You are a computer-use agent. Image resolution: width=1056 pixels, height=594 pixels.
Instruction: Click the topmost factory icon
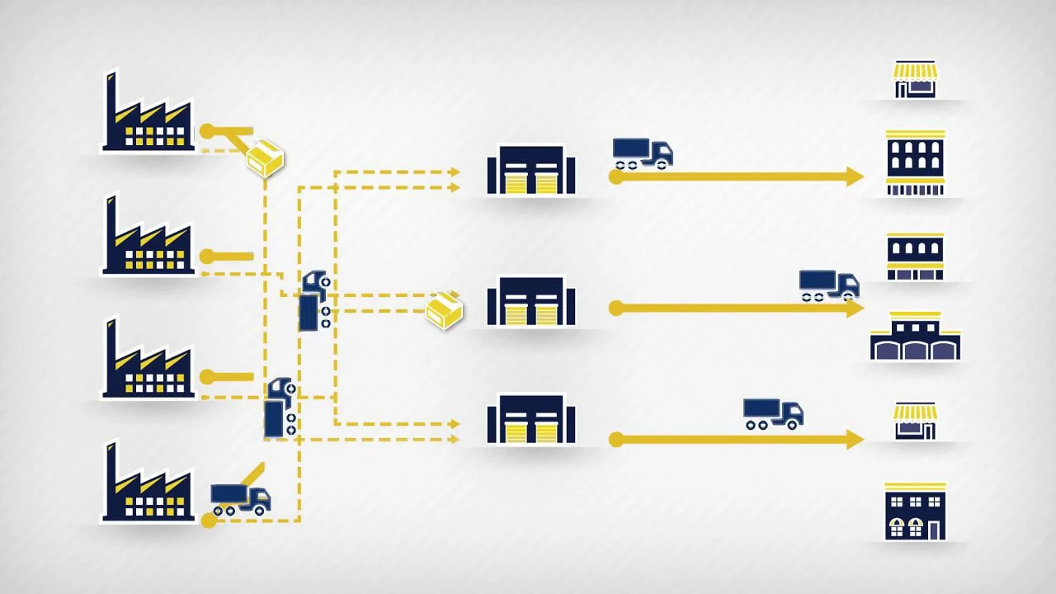[148, 120]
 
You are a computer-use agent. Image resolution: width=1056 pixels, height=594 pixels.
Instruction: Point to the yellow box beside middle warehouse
[444, 309]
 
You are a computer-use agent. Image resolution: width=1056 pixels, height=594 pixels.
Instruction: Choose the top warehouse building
[530, 171]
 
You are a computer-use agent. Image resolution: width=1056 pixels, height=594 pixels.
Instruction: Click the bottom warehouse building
[530, 420]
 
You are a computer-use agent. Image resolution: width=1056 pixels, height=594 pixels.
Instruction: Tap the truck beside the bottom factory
[240, 498]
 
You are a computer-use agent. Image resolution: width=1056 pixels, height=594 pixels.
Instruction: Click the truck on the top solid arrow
[642, 153]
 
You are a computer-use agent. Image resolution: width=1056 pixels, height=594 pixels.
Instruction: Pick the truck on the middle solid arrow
[828, 284]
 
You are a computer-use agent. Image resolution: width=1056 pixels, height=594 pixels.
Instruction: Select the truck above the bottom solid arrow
[772, 413]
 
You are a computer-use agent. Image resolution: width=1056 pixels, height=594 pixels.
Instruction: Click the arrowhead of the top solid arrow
[855, 177]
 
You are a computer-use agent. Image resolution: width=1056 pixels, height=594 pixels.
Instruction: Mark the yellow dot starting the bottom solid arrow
[615, 440]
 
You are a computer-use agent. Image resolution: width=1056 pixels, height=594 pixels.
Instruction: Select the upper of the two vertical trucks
[313, 300]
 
